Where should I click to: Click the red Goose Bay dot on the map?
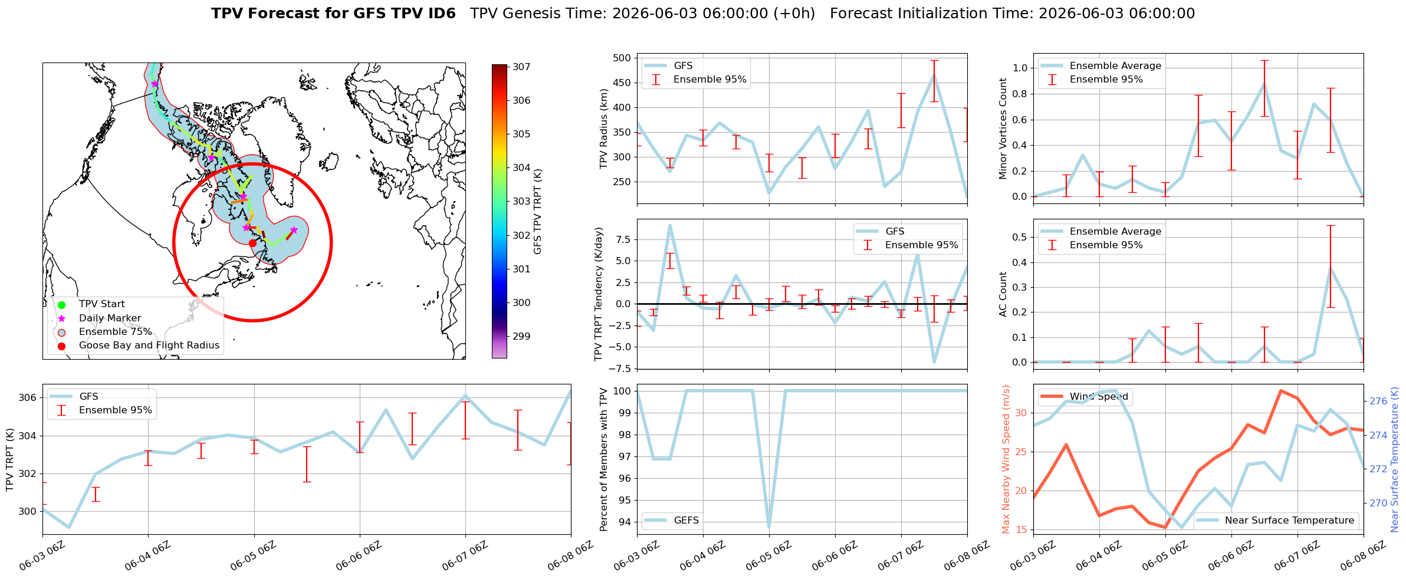(x=252, y=243)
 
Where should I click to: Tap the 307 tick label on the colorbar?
(x=521, y=67)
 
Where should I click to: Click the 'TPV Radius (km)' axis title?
(x=603, y=129)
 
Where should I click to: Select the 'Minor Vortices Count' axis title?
(x=1003, y=129)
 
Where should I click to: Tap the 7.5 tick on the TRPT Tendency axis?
(x=624, y=239)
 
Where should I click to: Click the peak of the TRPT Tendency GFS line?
(x=670, y=225)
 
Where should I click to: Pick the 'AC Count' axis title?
(x=1003, y=294)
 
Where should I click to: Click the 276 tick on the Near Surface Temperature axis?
(x=1378, y=402)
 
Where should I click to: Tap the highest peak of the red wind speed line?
(x=1280, y=390)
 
